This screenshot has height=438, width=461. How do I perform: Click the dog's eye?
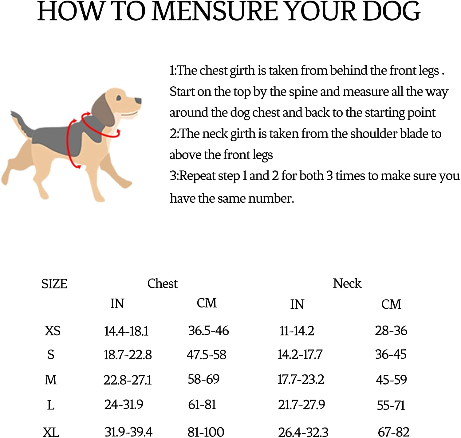click(119, 98)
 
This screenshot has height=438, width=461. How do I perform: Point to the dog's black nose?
click(138, 100)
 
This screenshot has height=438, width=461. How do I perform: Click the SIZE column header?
click(54, 284)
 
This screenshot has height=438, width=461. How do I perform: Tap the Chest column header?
click(162, 284)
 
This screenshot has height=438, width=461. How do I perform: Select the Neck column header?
click(347, 283)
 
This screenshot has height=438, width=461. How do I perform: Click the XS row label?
click(53, 331)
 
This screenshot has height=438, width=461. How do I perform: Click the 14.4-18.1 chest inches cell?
click(126, 331)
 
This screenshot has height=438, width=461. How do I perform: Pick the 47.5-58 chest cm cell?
click(207, 355)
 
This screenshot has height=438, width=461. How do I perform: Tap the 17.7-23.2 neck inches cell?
click(301, 379)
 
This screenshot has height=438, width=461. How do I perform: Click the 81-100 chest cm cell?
click(206, 432)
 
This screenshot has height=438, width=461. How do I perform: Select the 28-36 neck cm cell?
click(391, 331)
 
